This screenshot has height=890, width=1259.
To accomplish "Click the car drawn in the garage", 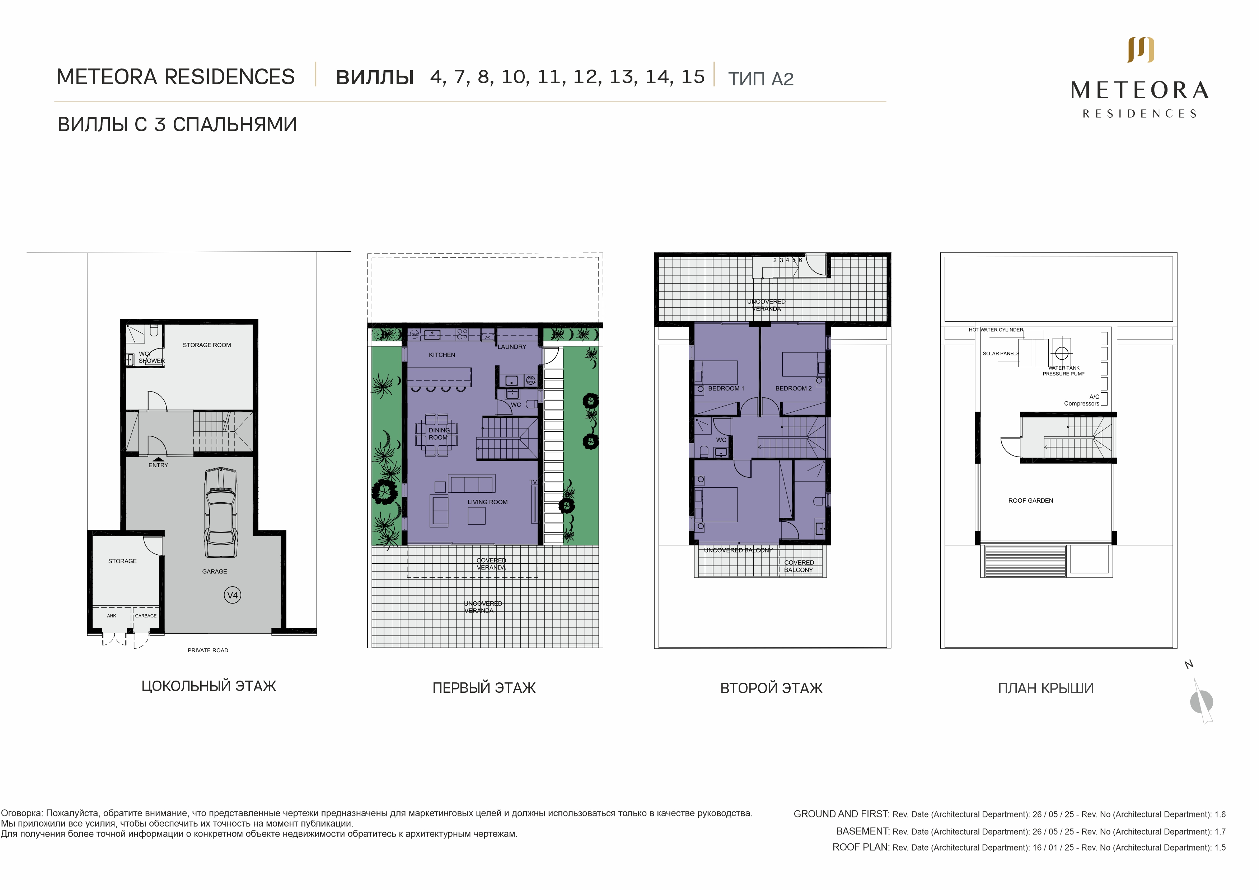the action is [x=221, y=512].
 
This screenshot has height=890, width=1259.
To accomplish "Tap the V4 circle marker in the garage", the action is [x=233, y=595].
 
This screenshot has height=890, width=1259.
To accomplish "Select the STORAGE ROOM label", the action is [x=207, y=345].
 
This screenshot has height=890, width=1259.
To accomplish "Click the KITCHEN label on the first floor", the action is [x=442, y=355].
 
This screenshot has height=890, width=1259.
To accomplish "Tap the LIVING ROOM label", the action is [x=487, y=502].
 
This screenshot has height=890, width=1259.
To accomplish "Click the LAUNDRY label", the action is [x=512, y=347].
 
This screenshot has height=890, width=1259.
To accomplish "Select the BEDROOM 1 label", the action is [x=726, y=389].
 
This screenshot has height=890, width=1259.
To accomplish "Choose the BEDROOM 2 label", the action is [x=794, y=389].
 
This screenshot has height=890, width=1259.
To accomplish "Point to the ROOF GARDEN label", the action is [x=1031, y=501].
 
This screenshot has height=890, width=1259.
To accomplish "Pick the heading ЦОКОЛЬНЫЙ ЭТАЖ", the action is [x=209, y=686].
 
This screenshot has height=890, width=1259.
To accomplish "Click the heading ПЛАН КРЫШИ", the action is [x=1046, y=688].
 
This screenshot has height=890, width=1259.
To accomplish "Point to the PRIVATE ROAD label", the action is [x=208, y=650].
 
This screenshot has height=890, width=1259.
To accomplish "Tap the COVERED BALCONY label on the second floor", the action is [x=799, y=566].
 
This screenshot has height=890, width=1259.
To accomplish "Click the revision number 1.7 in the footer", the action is [x=1220, y=831].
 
